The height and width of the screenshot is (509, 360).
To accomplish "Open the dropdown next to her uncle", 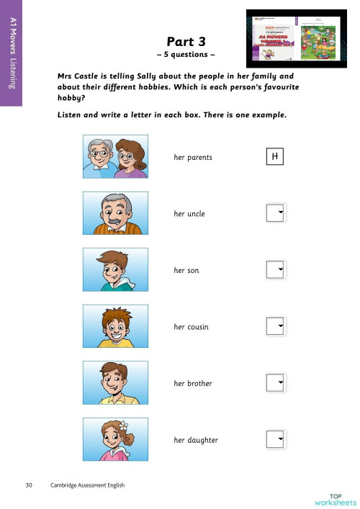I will (x=276, y=213).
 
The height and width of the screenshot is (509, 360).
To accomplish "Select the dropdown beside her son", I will (x=276, y=269).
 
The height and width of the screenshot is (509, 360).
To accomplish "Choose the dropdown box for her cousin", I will (x=276, y=326).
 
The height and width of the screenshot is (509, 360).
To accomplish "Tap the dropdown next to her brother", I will (x=276, y=382).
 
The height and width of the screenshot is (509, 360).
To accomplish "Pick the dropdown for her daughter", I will (x=276, y=439).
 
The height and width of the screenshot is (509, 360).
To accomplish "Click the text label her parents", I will (x=193, y=157).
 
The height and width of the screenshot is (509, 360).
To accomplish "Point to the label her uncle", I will (x=189, y=214).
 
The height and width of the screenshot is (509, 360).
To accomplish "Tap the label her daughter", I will (x=196, y=440).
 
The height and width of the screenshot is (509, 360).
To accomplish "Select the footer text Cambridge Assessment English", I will (x=87, y=485).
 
